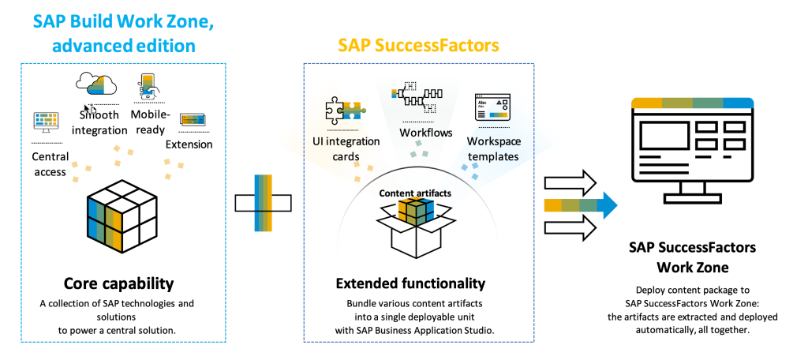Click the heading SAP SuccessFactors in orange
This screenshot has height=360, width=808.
pos(418,45)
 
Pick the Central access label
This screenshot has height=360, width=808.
pos(50,163)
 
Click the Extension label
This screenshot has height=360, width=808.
pos(189,144)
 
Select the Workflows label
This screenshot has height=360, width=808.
pos(426,133)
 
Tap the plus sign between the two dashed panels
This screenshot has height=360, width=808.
pos(264,202)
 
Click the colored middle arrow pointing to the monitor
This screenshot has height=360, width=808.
pos(579,205)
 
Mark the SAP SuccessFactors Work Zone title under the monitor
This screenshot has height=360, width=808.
pos(691,257)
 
